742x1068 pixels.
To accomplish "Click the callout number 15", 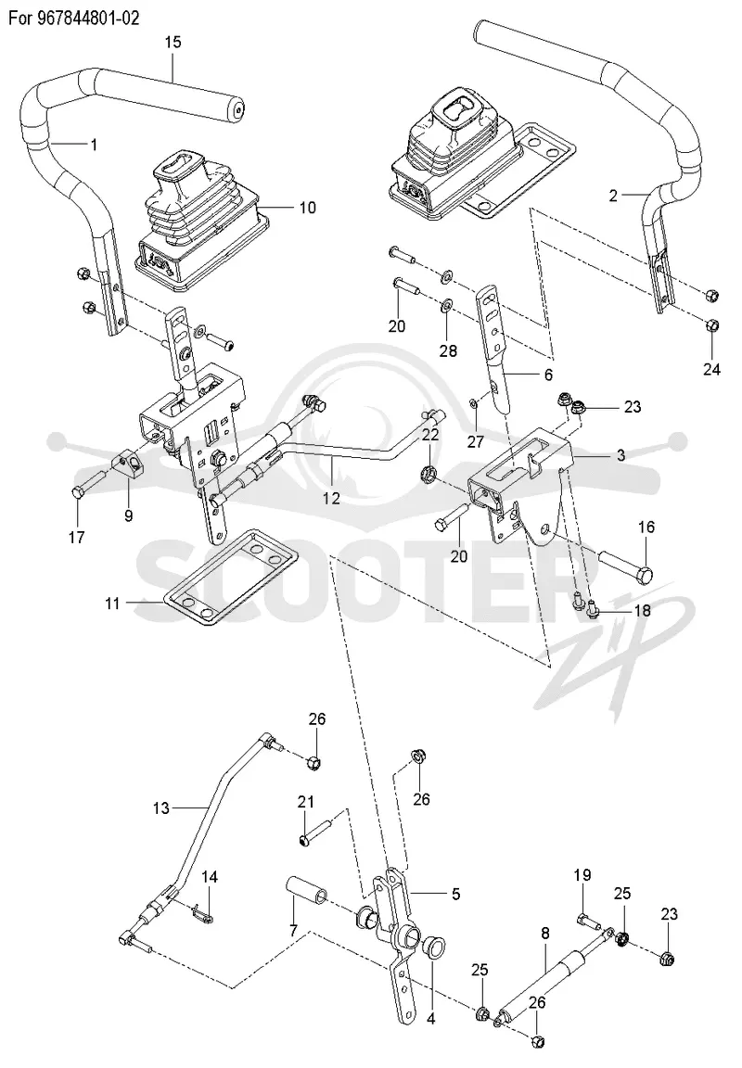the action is click(x=173, y=43).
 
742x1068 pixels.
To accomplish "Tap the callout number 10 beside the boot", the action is click(x=308, y=207).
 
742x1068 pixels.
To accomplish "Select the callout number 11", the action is click(x=112, y=603).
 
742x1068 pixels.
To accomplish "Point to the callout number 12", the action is click(x=331, y=499).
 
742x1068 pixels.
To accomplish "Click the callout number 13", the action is click(x=160, y=808).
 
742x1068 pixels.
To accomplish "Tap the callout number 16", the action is click(x=646, y=527).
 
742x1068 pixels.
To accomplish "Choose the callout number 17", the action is click(x=77, y=538).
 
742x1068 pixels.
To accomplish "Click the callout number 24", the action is click(x=712, y=370).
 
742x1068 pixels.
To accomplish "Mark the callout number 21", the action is click(x=306, y=802).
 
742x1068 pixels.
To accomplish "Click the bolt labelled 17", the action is click(x=85, y=486).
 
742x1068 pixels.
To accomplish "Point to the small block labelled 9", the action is click(x=128, y=467).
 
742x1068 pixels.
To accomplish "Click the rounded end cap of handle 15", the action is click(x=237, y=109).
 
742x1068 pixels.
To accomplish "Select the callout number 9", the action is click(x=129, y=515).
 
